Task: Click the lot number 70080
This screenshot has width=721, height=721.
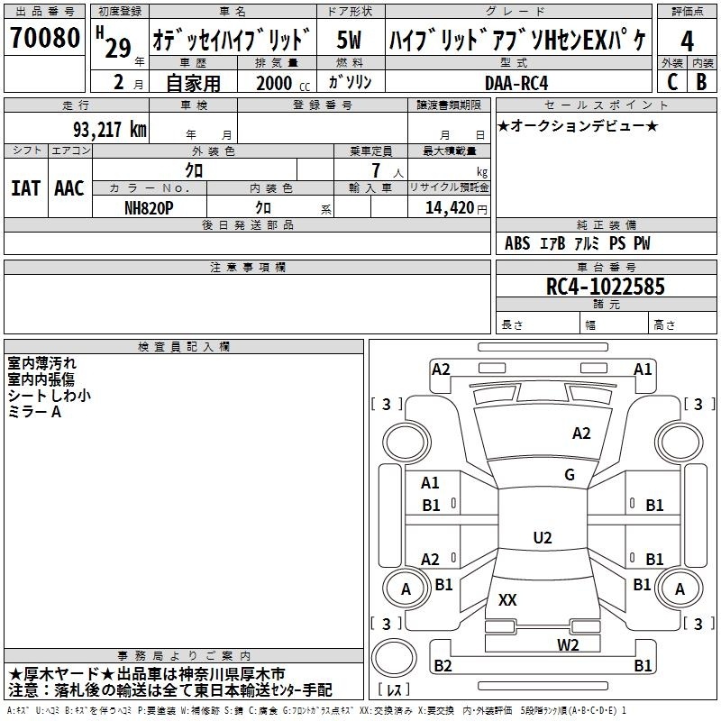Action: pyautogui.click(x=45, y=37)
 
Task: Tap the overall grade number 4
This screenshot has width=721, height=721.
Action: pyautogui.click(x=687, y=41)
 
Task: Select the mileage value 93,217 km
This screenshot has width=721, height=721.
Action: pyautogui.click(x=110, y=130)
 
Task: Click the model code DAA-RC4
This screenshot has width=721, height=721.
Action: pyautogui.click(x=516, y=83)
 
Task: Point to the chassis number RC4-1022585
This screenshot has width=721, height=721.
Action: pyautogui.click(x=605, y=287)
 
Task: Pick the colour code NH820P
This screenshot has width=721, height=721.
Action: pyautogui.click(x=149, y=208)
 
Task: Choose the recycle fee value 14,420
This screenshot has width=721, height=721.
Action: pyautogui.click(x=449, y=208)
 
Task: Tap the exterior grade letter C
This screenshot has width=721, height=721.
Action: pyautogui.click(x=672, y=82)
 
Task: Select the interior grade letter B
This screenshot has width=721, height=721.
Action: pyautogui.click(x=701, y=82)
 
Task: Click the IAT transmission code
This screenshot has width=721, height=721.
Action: pyautogui.click(x=26, y=188)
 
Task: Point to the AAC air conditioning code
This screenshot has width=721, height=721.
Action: pyautogui.click(x=69, y=188)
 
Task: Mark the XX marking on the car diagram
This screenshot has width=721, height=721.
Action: pyautogui.click(x=507, y=599)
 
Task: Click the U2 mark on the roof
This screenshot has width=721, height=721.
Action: pyautogui.click(x=543, y=537)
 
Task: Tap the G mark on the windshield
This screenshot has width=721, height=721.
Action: pyautogui.click(x=570, y=475)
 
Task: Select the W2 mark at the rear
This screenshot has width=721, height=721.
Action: pyautogui.click(x=568, y=645)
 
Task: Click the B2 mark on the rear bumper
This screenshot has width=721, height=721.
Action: pyautogui.click(x=443, y=665)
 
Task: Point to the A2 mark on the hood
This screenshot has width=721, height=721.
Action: pyautogui.click(x=581, y=434)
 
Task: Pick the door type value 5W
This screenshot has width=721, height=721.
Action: pyautogui.click(x=349, y=40)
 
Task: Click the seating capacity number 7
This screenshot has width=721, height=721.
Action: pyautogui.click(x=377, y=170)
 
